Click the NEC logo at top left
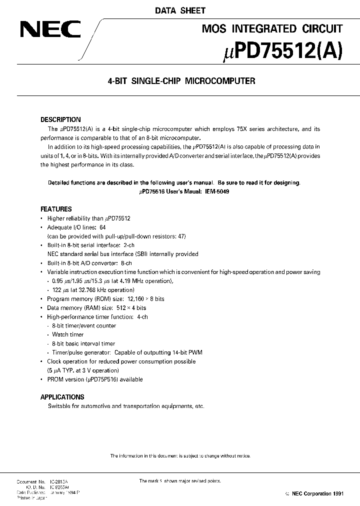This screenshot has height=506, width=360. [49, 29]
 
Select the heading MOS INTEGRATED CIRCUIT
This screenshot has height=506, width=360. [272, 29]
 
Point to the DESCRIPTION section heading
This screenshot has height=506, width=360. [60, 120]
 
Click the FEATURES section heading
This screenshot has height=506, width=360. [56, 209]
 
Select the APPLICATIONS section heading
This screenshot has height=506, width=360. [62, 397]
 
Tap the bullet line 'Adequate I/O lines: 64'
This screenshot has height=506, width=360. [76, 227]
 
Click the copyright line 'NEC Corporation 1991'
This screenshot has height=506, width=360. [314, 493]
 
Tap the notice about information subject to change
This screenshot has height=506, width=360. [180, 455]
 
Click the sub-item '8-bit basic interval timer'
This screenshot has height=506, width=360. [83, 343]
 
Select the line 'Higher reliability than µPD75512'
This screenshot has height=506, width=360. [88, 218]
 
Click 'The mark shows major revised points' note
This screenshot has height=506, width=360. [179, 481]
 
